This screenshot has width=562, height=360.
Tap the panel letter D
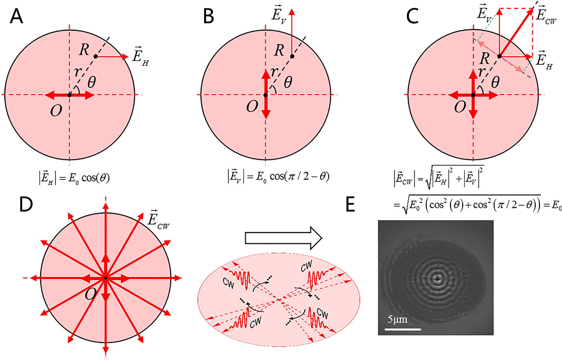[x=26, y=205]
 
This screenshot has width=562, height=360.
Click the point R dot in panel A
[x=96, y=57]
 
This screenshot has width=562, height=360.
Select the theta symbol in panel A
[x=92, y=82]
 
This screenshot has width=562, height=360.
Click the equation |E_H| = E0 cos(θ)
[x=74, y=178]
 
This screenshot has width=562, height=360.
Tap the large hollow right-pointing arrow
[x=283, y=238]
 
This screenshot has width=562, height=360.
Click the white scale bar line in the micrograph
[x=402, y=329]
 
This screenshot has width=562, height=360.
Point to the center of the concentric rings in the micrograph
[x=437, y=278]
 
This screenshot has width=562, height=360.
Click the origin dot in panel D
[x=106, y=278]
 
